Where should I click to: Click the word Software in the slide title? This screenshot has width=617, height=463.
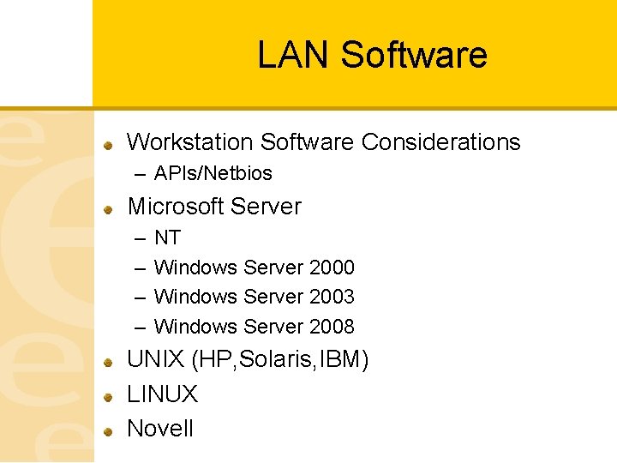tap(413, 56)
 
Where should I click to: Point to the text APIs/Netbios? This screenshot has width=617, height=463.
tap(213, 173)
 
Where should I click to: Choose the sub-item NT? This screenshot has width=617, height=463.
tap(167, 238)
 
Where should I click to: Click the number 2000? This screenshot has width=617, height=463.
tap(332, 268)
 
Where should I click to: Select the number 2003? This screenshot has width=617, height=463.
tap(332, 297)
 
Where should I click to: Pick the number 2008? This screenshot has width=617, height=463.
tap(332, 327)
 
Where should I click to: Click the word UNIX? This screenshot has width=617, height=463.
tap(156, 360)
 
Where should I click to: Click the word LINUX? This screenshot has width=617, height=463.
tap(162, 394)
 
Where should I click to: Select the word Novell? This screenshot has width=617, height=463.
tap(160, 428)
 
